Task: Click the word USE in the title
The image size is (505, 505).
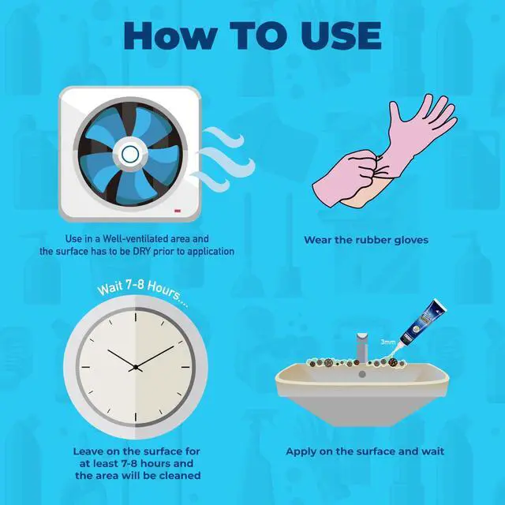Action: (342, 36)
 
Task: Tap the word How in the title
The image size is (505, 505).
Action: (170, 36)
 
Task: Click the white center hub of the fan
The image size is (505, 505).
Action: (130, 154)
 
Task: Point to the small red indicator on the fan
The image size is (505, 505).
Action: (177, 211)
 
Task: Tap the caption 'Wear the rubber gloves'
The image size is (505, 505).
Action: (366, 240)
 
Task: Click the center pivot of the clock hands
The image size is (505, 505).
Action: (136, 367)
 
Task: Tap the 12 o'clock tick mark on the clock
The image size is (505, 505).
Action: (136, 317)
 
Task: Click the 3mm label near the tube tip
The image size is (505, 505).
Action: (388, 342)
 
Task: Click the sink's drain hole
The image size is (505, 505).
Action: (362, 374)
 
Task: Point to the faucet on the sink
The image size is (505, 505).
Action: (362, 348)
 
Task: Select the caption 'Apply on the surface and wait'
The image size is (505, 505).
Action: (365, 451)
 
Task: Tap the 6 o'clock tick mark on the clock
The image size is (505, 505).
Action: (136, 417)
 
